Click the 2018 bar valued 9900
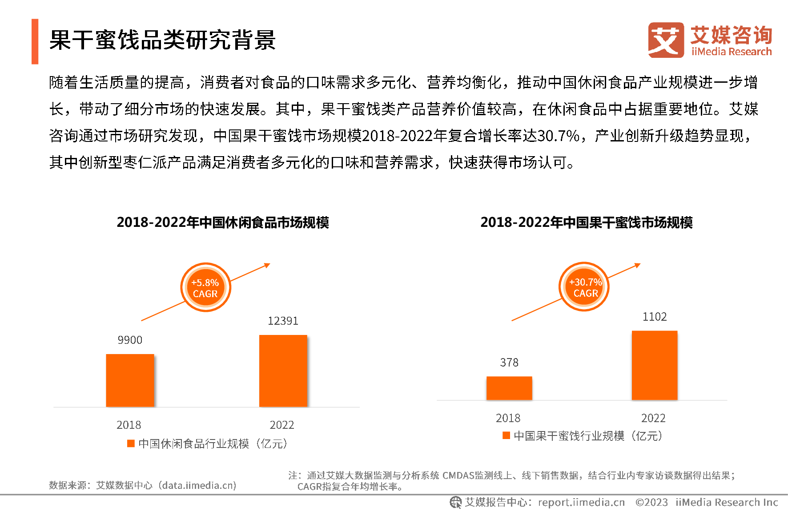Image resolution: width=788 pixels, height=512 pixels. pos(130,380)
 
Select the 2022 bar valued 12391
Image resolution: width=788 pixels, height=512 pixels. pos(283,371)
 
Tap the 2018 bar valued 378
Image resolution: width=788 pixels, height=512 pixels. pos(509,388)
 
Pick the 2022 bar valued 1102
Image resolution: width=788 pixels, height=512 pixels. pos(655,365)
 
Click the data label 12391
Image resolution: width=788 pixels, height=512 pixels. pos(283,321)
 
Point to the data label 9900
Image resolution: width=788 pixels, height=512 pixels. pos(130,340)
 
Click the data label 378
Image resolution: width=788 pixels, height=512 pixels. pos(509,363)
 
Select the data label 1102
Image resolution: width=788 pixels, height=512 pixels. pos(655,317)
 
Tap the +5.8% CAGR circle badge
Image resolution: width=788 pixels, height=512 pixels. pos(205,288)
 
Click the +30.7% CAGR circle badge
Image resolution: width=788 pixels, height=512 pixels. pos(584,287)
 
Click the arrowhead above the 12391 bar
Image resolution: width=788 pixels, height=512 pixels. pos(267,265)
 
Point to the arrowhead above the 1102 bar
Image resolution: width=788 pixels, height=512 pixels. pos(638,265)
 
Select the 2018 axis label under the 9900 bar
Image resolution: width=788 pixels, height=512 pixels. pos(129,425)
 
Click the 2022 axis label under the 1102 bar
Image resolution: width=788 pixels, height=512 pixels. pos(653,418)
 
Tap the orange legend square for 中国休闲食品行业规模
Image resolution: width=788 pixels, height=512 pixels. pos(131,443)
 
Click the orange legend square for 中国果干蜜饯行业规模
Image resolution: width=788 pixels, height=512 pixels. pos(506,435)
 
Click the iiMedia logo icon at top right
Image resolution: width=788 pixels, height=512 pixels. pos(666,40)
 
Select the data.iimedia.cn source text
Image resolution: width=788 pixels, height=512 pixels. pos(198,485)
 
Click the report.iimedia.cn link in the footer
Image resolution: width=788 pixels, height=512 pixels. pos(581,502)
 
